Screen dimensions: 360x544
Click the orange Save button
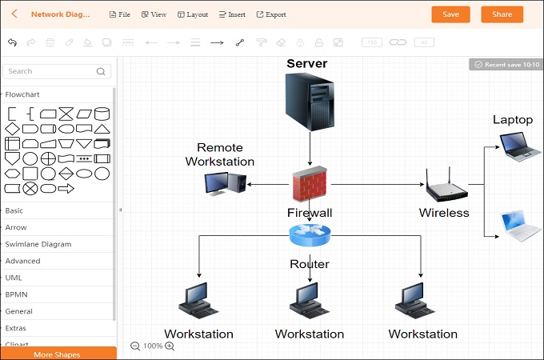coord(450,14)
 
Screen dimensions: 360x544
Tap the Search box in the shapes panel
coord(56,71)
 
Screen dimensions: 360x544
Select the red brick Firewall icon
coord(310,185)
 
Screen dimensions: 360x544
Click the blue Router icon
coord(310,234)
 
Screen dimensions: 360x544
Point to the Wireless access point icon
coord(445,186)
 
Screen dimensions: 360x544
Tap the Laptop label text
coord(513,120)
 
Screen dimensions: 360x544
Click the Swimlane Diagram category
coord(38,244)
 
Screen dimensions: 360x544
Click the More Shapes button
coord(58,354)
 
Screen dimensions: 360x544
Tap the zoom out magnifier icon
coord(135,346)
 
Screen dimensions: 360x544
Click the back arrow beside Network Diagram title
coord(14,14)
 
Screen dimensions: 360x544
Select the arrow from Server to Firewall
coord(310,150)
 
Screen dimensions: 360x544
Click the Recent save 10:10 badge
coord(506,64)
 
